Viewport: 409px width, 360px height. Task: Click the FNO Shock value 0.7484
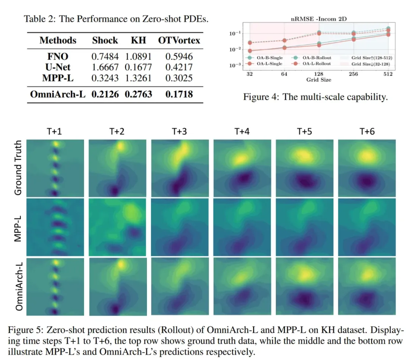tap(105, 57)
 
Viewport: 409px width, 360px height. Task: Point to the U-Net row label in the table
tap(58, 67)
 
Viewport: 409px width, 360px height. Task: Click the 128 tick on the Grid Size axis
tap(319, 75)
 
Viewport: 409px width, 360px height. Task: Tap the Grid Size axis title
tap(319, 80)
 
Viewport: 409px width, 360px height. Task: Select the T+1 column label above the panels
tap(56, 131)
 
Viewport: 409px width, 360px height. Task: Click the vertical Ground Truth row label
tap(18, 167)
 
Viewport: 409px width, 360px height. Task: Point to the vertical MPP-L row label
tap(18, 227)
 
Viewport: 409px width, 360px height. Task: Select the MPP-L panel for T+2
tap(117, 227)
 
